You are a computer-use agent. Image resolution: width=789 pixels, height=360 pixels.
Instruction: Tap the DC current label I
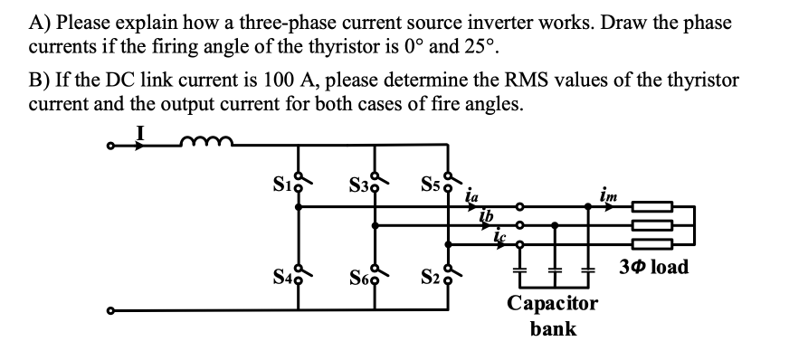coord(138,132)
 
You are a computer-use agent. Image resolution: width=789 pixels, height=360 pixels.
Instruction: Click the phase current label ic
coord(500,233)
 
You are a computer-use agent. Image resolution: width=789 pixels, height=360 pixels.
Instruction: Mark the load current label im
coord(605,192)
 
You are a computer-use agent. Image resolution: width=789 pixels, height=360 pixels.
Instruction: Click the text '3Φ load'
coord(654,267)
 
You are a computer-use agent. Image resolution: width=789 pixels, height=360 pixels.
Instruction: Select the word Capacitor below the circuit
coord(553,303)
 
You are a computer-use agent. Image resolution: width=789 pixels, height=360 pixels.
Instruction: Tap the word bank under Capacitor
coord(553,328)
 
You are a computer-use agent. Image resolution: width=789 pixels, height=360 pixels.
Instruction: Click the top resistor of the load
coord(651,207)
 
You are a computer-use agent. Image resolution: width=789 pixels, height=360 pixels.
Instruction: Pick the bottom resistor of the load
coord(651,243)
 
